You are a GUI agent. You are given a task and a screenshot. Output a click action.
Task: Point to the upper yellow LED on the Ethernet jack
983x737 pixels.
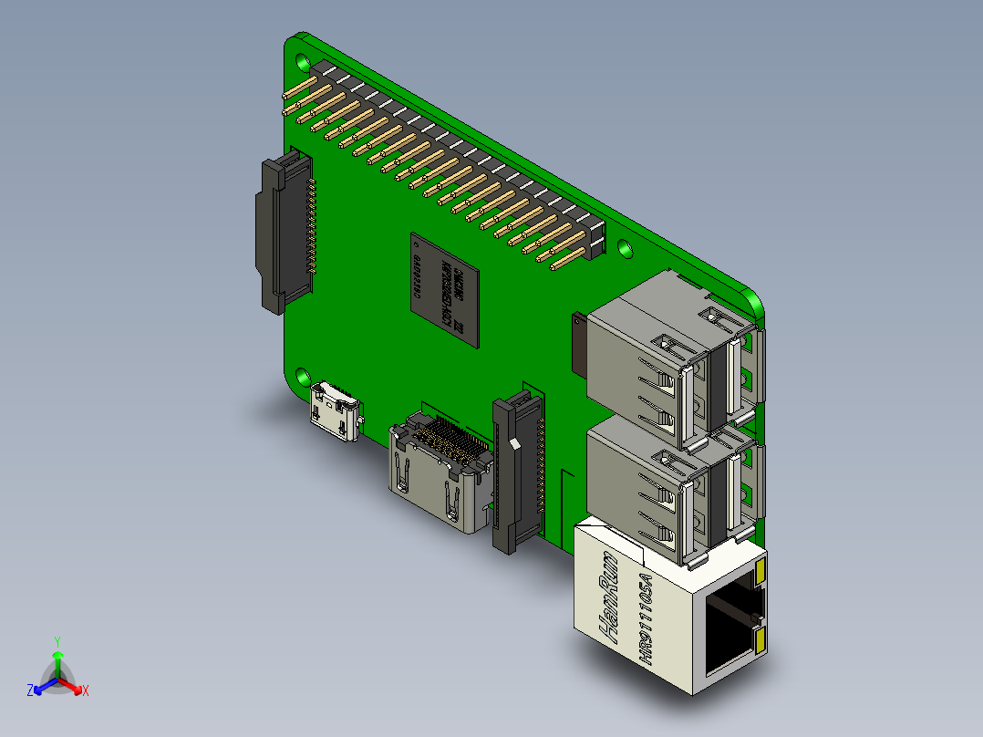point(760,572)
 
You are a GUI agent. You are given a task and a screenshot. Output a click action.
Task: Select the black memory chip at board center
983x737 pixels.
point(444,288)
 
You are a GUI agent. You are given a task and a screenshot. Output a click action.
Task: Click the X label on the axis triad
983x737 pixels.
point(86,690)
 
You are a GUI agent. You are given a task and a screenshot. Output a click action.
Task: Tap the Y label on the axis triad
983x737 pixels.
point(57,641)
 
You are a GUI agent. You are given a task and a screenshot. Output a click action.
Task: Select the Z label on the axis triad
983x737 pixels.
point(30,690)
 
